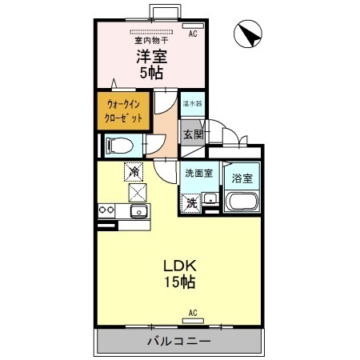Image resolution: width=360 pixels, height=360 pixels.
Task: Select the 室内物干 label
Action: point(150,39)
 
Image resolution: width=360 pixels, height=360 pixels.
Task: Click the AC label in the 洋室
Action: point(193,34)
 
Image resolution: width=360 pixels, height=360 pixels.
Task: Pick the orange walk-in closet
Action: point(124,111)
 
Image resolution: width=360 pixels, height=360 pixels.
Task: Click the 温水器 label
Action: point(193,104)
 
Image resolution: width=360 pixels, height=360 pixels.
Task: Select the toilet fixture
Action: point(117,145)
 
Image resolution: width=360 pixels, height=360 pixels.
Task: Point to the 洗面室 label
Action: point(198,173)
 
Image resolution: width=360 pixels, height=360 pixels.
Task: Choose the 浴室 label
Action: point(241,178)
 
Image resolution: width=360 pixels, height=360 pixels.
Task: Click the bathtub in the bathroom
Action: point(241,202)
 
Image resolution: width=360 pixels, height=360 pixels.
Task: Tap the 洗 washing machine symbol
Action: point(192,202)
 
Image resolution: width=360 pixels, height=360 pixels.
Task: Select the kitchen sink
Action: point(138,212)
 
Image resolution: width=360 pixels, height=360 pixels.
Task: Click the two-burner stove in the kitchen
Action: point(106,210)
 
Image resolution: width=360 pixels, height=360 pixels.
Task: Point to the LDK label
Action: point(180,266)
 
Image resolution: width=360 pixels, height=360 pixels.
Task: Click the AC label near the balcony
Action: point(193,311)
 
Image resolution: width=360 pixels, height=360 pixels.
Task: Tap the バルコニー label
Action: point(178,341)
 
